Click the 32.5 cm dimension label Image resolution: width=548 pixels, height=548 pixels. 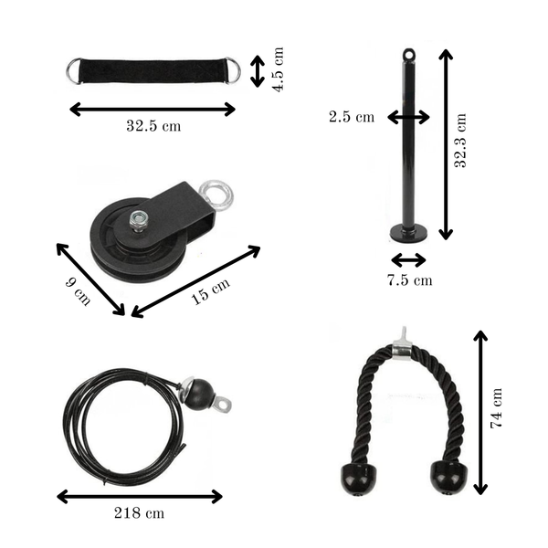153,126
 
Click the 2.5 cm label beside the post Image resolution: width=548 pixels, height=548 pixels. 353,117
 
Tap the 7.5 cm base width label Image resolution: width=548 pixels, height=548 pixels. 408,280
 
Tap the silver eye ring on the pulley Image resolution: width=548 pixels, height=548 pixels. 217,194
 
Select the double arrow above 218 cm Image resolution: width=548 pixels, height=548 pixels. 140,497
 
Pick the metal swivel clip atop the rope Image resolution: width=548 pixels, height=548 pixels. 400,342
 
